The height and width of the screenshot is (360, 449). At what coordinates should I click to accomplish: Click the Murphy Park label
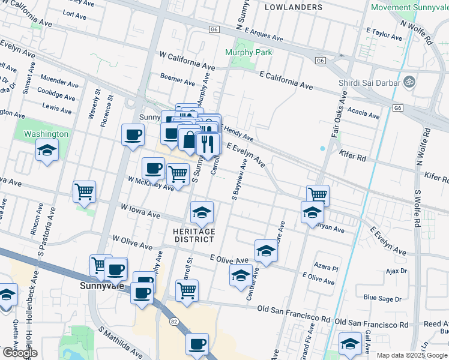coord(249,52)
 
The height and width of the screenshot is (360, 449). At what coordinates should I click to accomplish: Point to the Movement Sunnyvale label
coord(410,7)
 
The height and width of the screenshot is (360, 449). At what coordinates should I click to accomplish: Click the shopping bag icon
coord(190,140)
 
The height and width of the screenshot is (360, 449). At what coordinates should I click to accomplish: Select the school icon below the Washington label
coord(47,150)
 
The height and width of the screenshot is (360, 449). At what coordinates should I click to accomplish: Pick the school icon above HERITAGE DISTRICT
coord(202,212)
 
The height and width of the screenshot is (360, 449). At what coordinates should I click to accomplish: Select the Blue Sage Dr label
coord(382,298)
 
